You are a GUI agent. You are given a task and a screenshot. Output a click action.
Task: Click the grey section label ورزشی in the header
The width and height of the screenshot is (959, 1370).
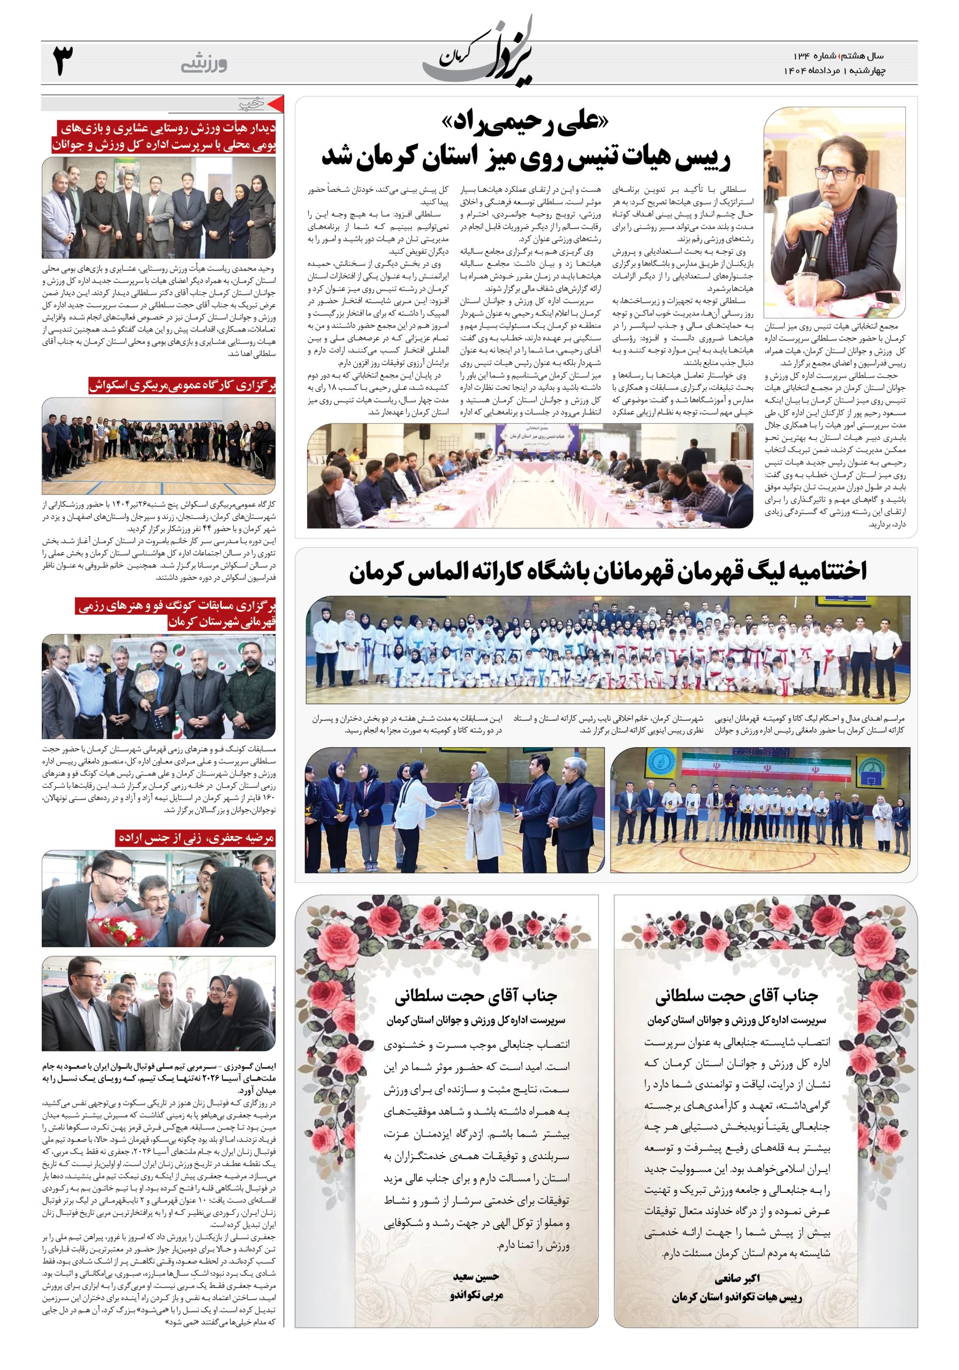(203, 64)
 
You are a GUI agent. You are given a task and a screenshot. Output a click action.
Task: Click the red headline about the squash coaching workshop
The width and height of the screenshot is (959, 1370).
(182, 385)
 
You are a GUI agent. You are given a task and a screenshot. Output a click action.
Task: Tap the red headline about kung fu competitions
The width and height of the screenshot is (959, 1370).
(176, 614)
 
